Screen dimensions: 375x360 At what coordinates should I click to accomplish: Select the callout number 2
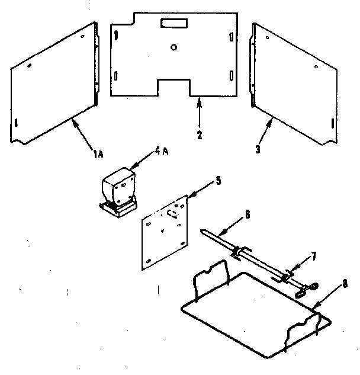point(200,134)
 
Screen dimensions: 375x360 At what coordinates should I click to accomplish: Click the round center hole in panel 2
point(173,47)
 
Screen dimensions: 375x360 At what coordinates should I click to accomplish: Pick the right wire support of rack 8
point(305,329)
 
